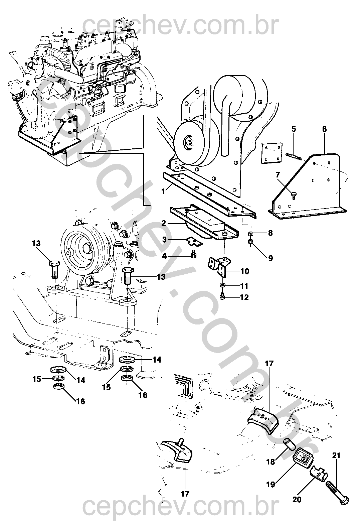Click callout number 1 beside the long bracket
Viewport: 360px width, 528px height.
[163, 191]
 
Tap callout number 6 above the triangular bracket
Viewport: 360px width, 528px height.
[324, 129]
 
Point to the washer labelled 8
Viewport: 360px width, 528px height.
[250, 233]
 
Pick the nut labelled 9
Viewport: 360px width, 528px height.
[251, 242]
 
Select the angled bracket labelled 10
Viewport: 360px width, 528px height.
[219, 266]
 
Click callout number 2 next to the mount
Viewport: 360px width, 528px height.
[163, 223]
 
